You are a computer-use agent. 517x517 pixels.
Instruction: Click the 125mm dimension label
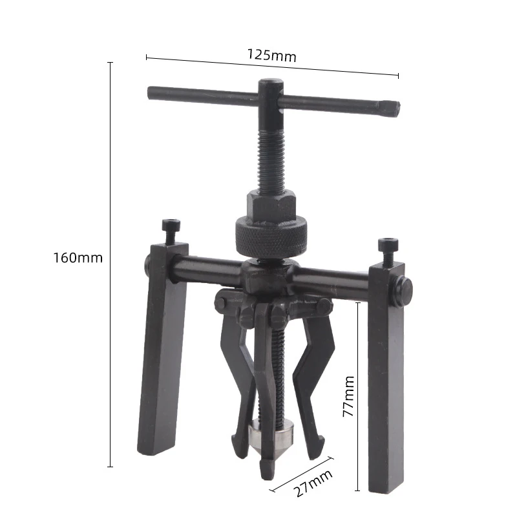tap(271, 56)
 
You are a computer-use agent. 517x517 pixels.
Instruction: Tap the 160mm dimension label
tap(78, 258)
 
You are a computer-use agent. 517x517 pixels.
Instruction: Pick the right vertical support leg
tap(386, 381)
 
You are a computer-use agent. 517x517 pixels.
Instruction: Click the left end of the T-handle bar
tap(153, 93)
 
